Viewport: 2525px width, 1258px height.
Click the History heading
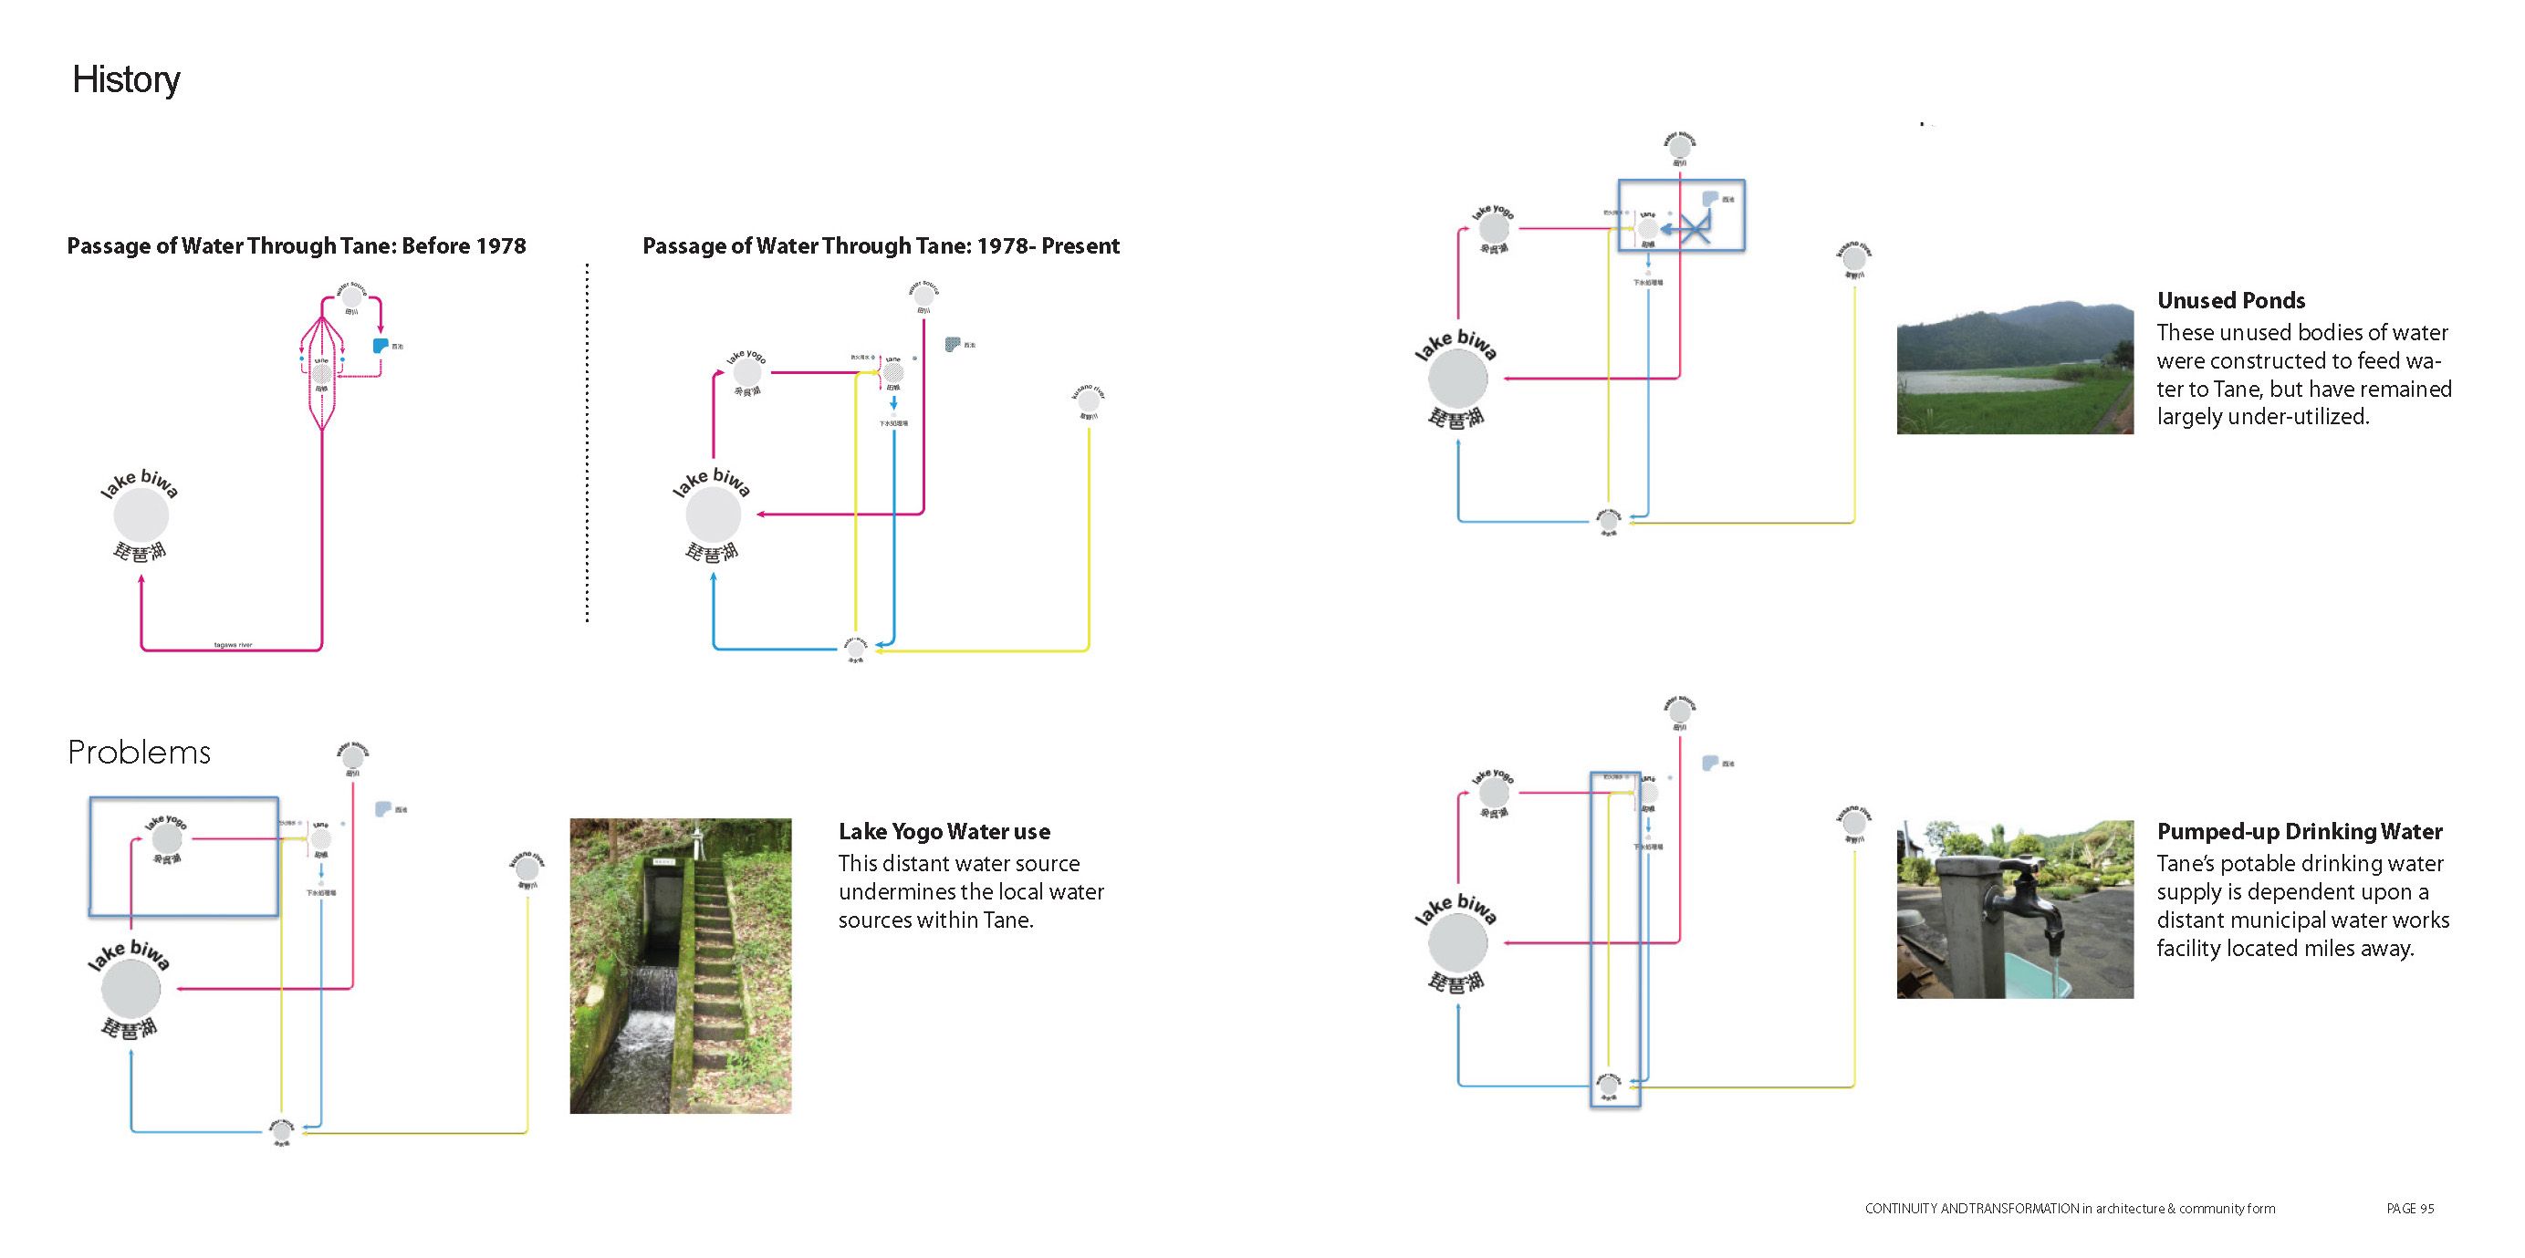[x=127, y=79]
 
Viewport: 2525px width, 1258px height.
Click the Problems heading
[x=140, y=752]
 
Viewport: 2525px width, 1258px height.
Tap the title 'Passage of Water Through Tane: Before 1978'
[x=296, y=246]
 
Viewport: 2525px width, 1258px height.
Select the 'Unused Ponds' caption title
[x=2231, y=301]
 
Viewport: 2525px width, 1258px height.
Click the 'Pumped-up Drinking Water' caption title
[x=2300, y=832]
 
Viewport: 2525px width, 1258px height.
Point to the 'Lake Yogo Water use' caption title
[x=944, y=832]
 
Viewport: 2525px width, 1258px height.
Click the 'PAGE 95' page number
[x=2409, y=1208]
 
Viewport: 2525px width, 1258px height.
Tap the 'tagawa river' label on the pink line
[x=234, y=645]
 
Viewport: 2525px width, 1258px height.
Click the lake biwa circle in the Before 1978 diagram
[x=141, y=514]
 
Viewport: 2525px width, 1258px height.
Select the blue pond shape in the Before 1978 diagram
[x=381, y=346]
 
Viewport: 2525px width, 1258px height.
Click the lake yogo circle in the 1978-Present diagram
[x=746, y=372]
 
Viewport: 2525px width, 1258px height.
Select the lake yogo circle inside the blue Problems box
[x=167, y=839]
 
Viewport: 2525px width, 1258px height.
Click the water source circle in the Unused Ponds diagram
[x=1679, y=147]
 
